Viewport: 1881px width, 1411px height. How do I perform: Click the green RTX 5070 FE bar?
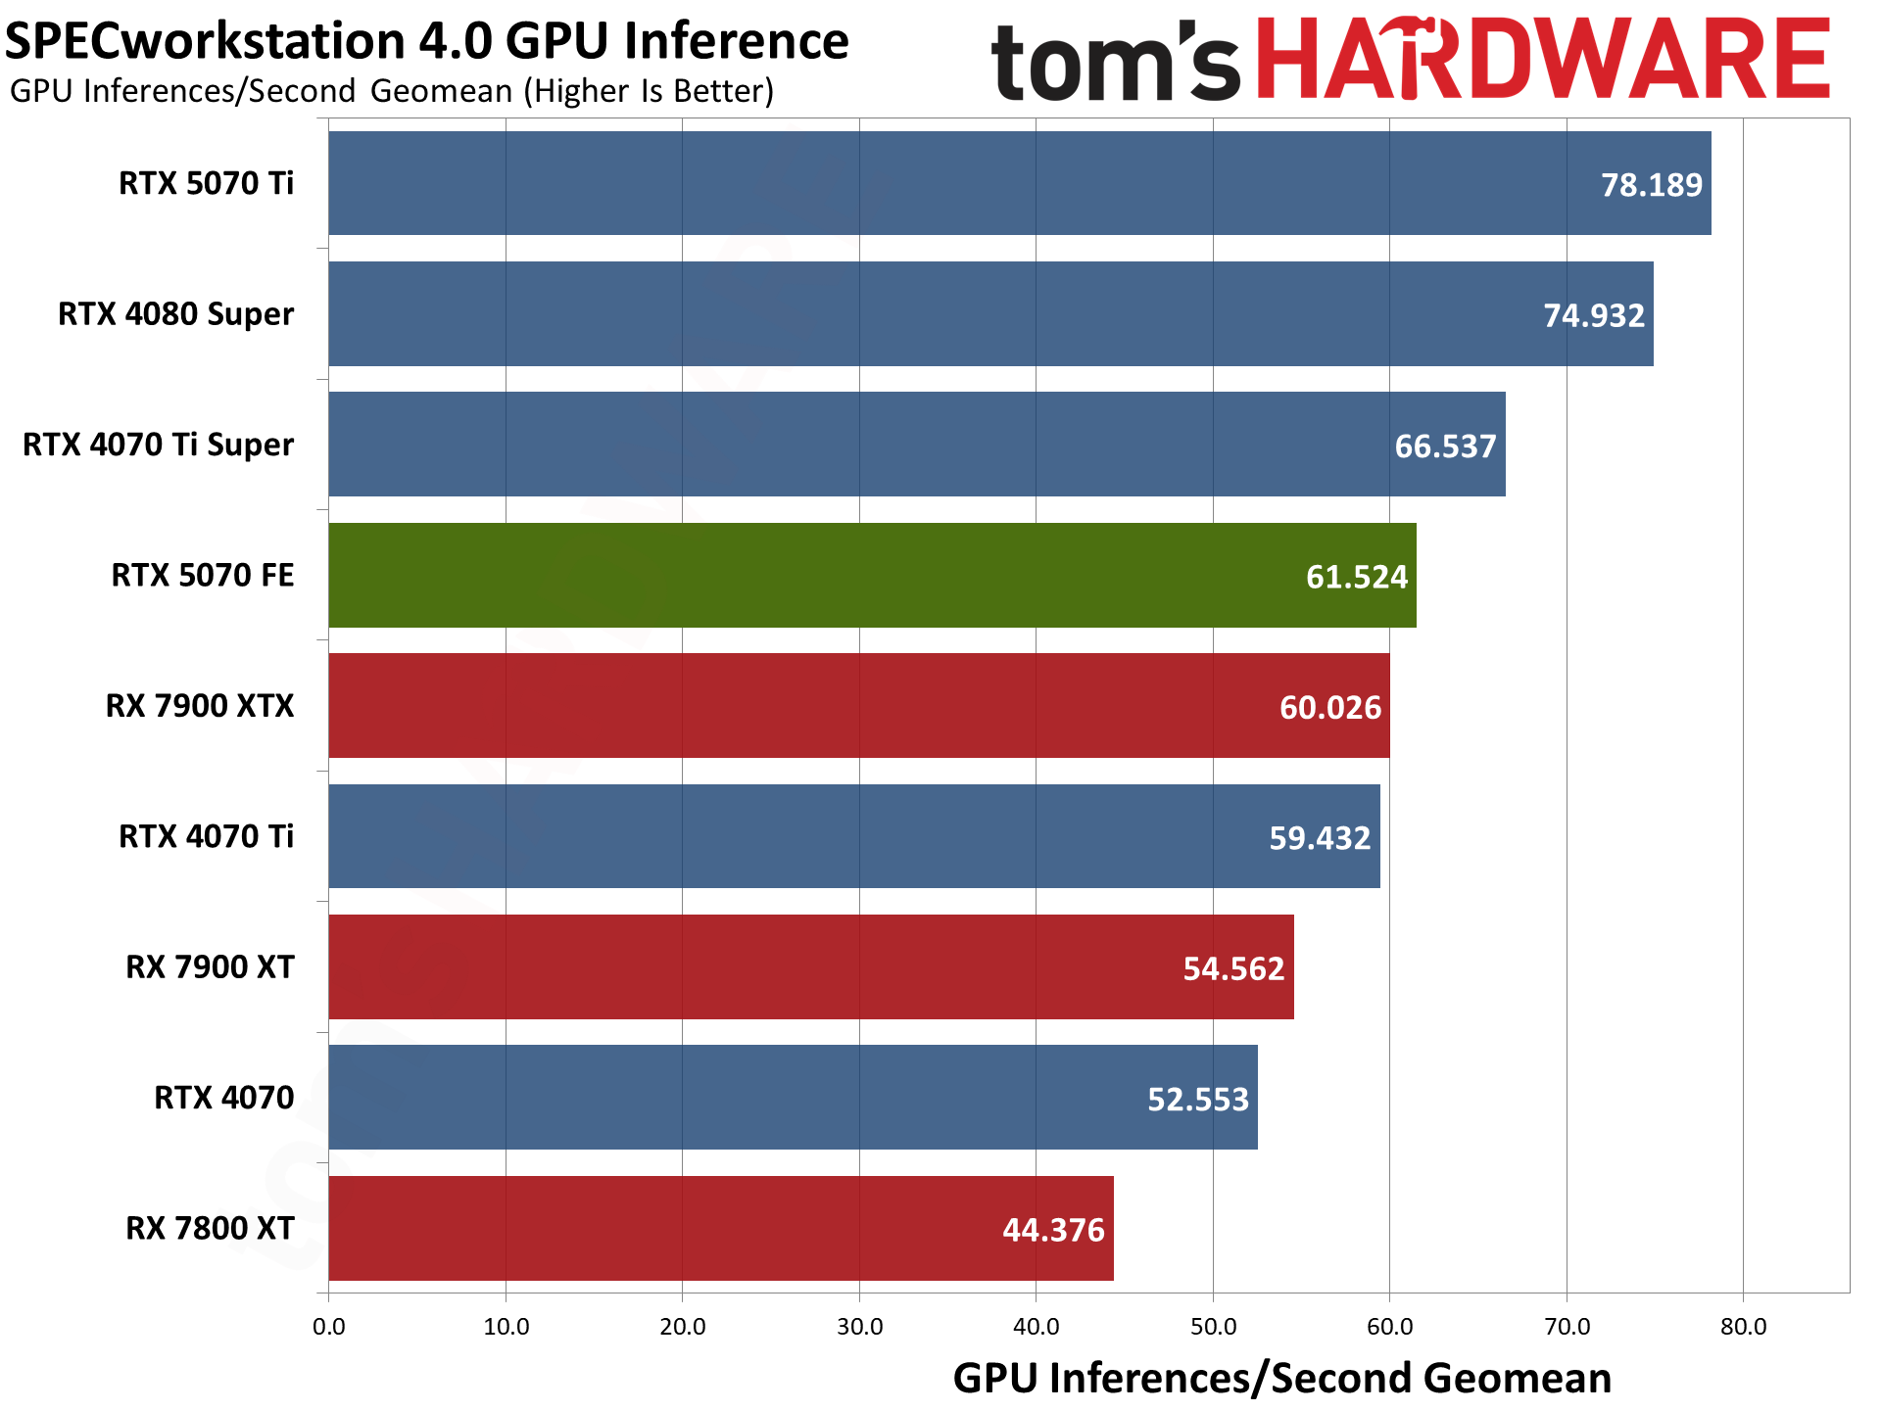872,575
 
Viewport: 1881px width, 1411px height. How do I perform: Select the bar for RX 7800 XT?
721,1228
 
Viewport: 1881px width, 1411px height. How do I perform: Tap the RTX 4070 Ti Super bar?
917,445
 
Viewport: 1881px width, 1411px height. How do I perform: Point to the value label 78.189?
1652,185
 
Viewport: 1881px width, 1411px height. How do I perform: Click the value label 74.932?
1594,315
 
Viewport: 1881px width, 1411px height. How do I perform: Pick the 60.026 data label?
1330,707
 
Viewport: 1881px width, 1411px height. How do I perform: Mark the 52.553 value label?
1198,1099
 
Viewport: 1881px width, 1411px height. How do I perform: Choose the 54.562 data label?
1233,968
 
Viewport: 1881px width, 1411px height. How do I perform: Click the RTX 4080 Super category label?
176,314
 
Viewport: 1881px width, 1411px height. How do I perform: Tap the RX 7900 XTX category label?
200,706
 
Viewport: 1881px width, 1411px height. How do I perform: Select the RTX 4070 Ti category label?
207,836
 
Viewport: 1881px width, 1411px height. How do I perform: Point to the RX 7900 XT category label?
210,967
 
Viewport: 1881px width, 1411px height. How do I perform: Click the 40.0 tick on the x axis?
1037,1327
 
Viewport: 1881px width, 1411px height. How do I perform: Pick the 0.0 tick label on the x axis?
329,1327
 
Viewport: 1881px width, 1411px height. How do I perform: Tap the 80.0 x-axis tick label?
1744,1327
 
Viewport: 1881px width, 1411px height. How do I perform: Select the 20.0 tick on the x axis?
683,1327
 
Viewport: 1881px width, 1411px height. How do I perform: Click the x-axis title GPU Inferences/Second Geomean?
1281,1378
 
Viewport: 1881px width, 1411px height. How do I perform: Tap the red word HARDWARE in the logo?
1543,61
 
